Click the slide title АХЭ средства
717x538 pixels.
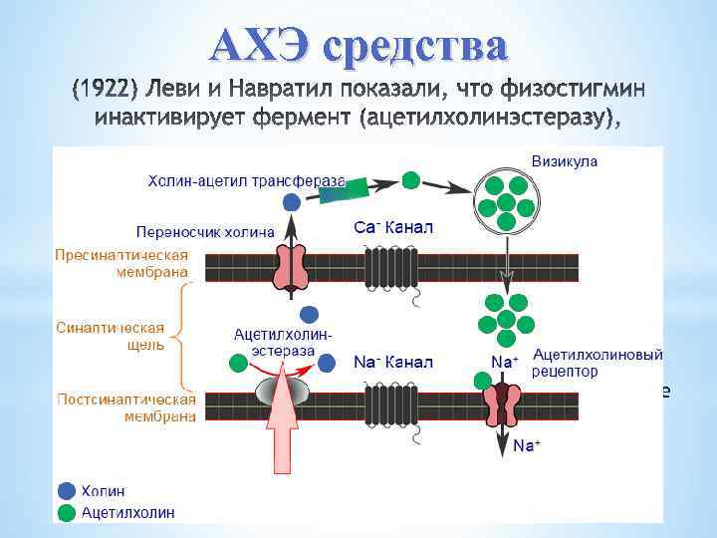pos(359,44)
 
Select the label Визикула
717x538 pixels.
pos(565,160)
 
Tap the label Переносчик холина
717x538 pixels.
pos(206,233)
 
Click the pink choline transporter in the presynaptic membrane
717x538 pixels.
pos(292,267)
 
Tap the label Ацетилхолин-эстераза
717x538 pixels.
pos(283,342)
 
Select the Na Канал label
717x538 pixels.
pos(394,362)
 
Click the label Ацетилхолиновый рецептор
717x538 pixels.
pos(597,363)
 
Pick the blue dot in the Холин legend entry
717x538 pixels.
pos(67,490)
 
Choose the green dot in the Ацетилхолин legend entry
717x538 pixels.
pos(67,512)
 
